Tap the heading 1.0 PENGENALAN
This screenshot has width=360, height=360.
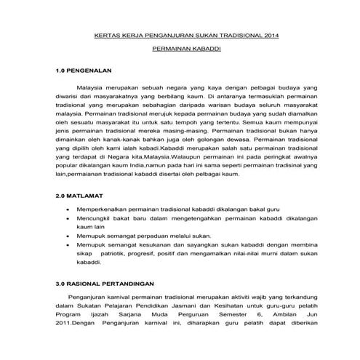[x=87, y=73]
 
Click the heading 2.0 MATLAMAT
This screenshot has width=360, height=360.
[x=81, y=196]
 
